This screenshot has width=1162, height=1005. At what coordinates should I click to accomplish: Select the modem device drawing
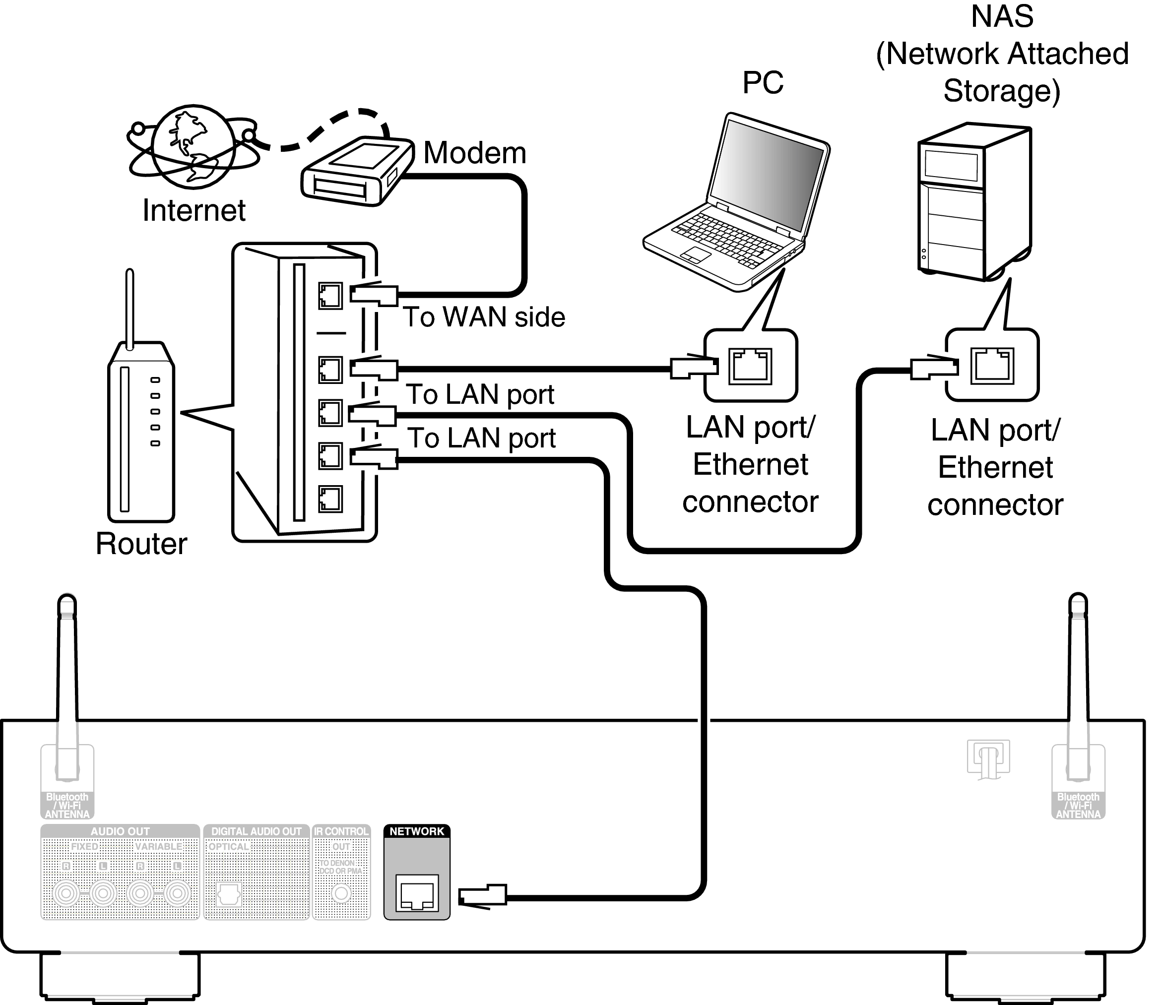357,171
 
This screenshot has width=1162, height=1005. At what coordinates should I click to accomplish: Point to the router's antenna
129,309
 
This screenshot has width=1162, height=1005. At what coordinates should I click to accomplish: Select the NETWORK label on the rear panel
417,831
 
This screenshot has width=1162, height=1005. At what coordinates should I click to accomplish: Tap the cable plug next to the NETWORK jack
482,896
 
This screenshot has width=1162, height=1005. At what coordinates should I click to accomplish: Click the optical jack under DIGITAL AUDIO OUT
228,894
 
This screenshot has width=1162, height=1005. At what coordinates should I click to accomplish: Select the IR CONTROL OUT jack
341,893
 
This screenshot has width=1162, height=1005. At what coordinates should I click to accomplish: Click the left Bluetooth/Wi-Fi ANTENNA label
67,806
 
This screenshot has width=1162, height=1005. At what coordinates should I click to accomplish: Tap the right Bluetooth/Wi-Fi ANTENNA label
1078,806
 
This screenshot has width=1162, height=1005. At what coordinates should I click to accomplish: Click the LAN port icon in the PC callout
750,366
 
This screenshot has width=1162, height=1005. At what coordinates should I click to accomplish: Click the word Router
141,544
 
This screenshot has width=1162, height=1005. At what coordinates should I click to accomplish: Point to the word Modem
474,153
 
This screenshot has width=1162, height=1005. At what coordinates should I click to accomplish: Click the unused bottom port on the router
330,499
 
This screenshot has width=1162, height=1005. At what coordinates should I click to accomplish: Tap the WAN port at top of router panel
330,296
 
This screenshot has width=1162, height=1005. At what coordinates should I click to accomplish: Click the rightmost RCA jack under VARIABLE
177,893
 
